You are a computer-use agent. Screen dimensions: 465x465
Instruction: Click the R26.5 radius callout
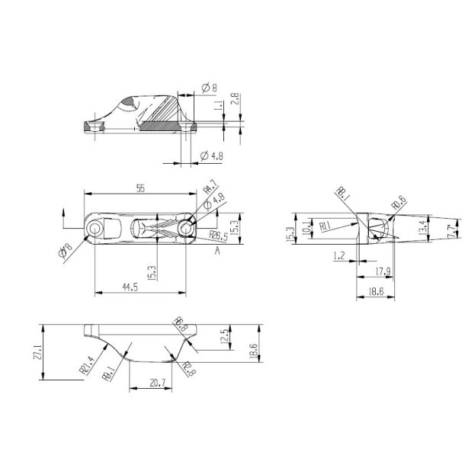[x=220, y=237]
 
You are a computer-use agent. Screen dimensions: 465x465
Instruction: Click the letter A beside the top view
[x=217, y=249]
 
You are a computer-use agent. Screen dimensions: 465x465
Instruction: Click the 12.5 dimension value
[x=223, y=336]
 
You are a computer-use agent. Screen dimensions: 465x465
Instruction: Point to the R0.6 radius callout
[x=397, y=203]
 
